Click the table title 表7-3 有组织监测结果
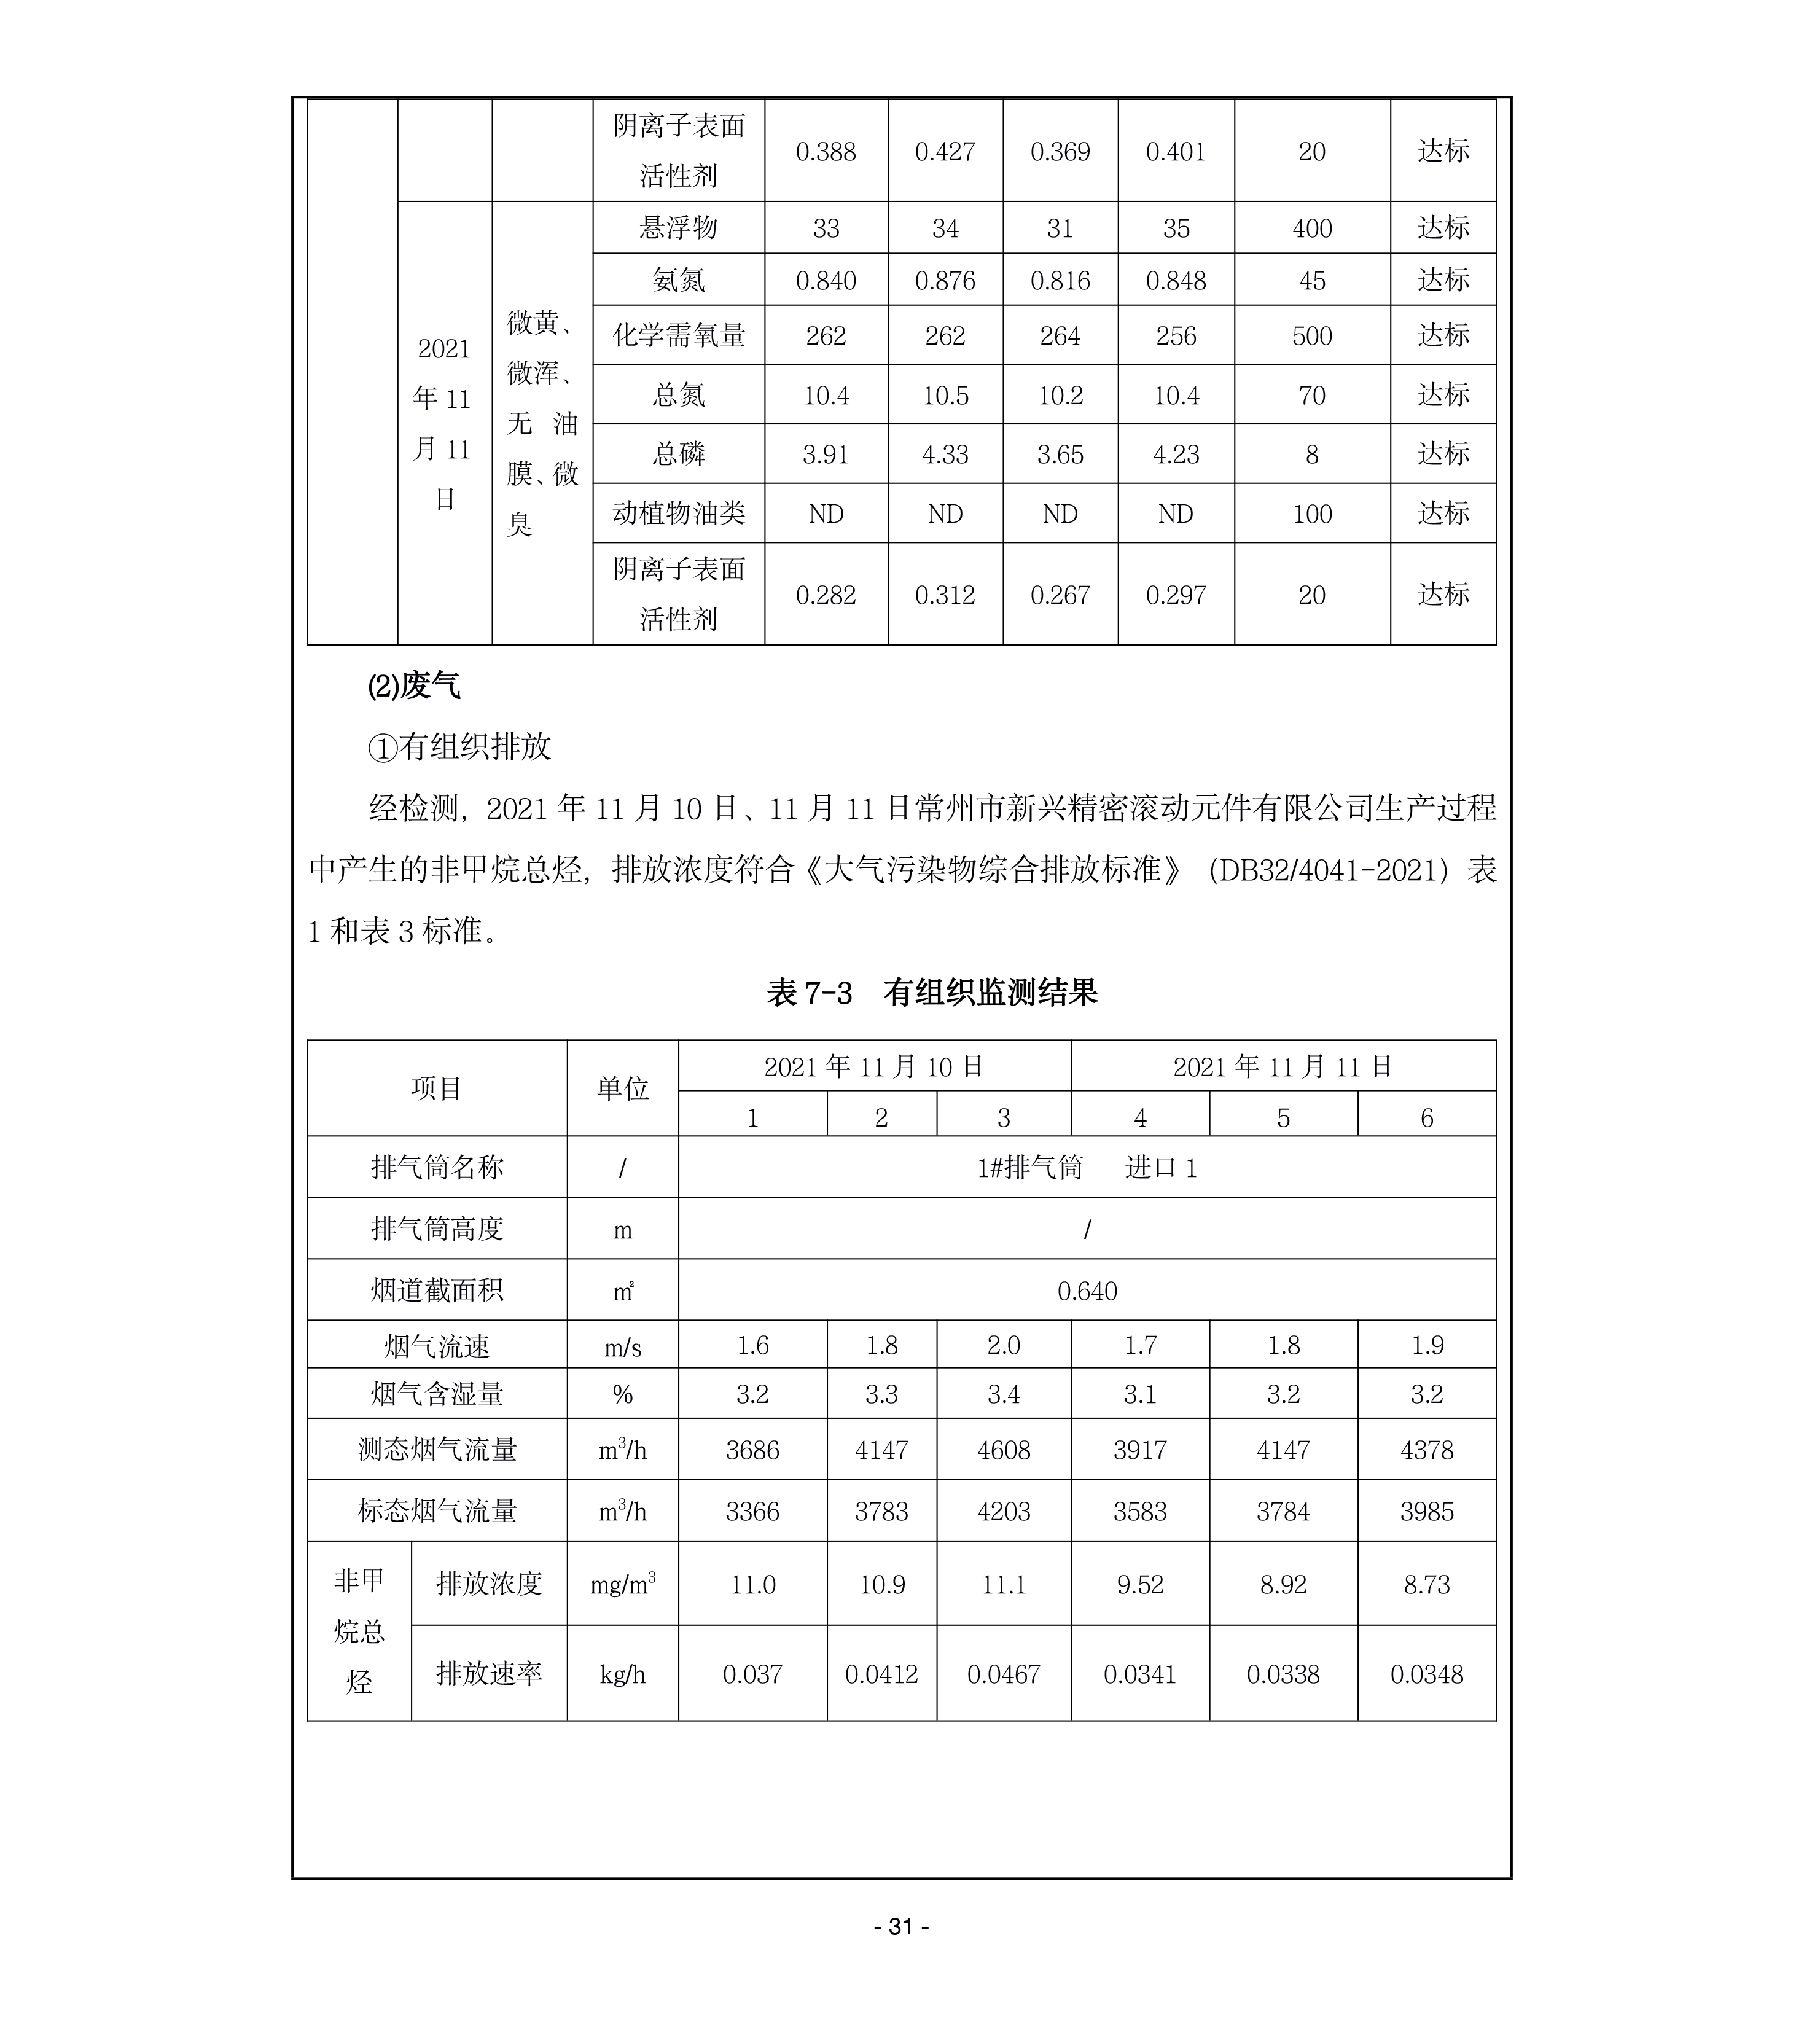[932, 993]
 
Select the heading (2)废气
[414, 687]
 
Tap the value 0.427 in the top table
[945, 152]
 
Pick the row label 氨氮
[679, 281]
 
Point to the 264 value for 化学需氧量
[1060, 336]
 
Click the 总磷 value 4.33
[945, 455]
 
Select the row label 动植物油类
[679, 514]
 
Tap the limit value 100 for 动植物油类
[1311, 514]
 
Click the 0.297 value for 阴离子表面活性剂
[1176, 595]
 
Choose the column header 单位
[623, 1088]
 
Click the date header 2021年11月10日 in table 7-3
[873, 1066]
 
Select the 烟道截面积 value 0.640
[1087, 1291]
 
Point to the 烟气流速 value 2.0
[1004, 1345]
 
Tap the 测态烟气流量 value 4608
[1004, 1450]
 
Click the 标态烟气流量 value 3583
[1139, 1511]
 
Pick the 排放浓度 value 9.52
[1139, 1584]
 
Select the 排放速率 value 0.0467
[1004, 1674]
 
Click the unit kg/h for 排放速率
[623, 1674]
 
